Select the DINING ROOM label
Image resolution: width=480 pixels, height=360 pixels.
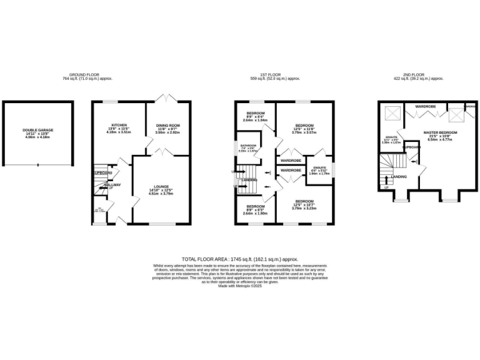pyautogui.click(x=167, y=126)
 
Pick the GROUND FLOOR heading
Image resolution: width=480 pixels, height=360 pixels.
pyautogui.click(x=85, y=74)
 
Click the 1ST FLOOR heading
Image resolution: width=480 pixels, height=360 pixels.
pyautogui.click(x=276, y=74)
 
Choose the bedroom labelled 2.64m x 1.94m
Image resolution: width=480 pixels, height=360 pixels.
pyautogui.click(x=254, y=121)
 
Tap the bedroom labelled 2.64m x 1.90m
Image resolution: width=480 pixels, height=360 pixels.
pyautogui.click(x=255, y=213)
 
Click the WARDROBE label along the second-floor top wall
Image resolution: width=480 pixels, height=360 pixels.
pyautogui.click(x=425, y=107)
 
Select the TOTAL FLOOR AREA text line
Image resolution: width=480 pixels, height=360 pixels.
pyautogui.click(x=239, y=259)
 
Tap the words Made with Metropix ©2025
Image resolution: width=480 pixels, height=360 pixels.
pyautogui.click(x=239, y=286)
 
